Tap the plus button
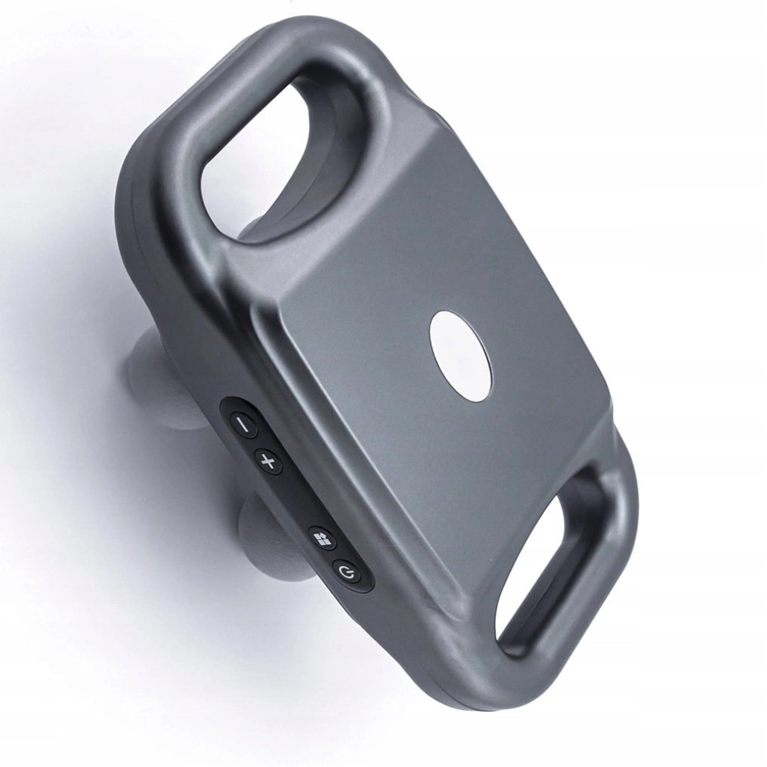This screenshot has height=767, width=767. [268, 460]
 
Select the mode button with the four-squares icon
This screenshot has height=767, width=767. [321, 539]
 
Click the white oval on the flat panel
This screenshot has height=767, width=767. [460, 354]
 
